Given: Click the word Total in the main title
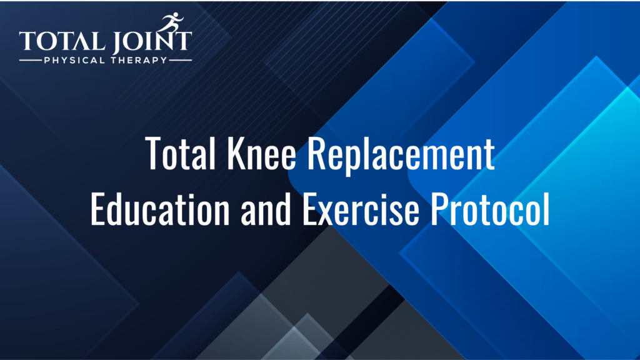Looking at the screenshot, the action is click(x=180, y=154).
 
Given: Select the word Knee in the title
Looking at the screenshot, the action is click(x=261, y=154).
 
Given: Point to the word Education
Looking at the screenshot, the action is click(x=160, y=209).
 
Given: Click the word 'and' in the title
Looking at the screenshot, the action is click(x=265, y=209).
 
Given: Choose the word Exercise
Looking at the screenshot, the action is click(x=361, y=209).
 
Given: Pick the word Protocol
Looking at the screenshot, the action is click(x=491, y=209).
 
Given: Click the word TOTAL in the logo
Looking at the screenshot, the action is click(x=62, y=41).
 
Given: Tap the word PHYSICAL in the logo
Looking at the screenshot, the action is click(x=74, y=61).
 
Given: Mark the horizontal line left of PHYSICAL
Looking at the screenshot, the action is click(x=30, y=61).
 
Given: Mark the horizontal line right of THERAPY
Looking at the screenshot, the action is click(x=181, y=61).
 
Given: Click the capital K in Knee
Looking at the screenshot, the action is click(x=235, y=154).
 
